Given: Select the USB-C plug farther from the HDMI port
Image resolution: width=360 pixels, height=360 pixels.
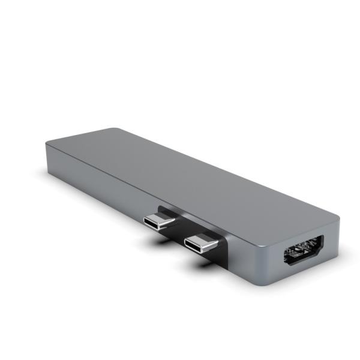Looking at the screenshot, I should pyautogui.click(x=160, y=220).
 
